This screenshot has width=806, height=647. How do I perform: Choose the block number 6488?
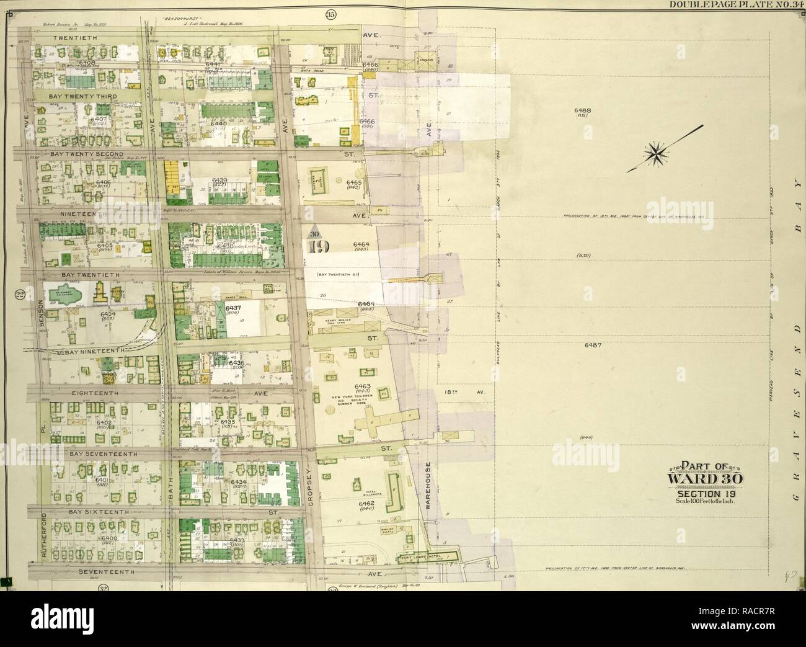pyautogui.click(x=584, y=110)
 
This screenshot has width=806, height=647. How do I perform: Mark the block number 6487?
pyautogui.click(x=588, y=344)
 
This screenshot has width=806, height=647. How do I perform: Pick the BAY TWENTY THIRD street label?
pyautogui.click(x=78, y=97)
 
